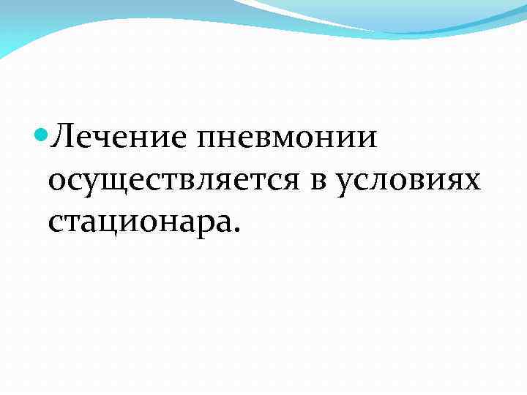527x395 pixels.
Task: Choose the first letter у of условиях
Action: pyautogui.click(x=346, y=181)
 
